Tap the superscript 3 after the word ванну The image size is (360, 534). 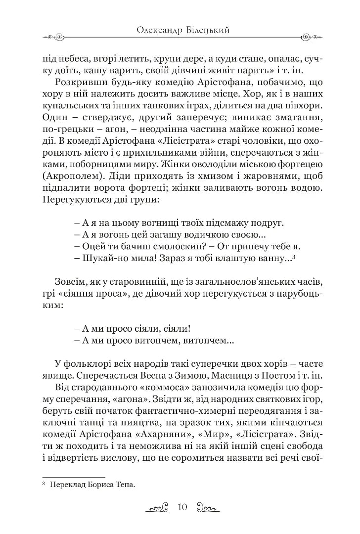(x=294, y=256)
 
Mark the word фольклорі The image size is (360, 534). (x=87, y=364)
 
